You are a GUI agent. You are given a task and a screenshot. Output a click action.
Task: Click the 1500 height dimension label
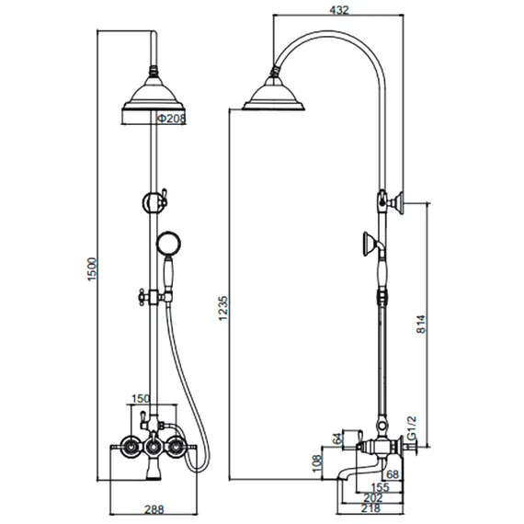[92, 269]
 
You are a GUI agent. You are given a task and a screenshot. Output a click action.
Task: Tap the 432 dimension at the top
[339, 10]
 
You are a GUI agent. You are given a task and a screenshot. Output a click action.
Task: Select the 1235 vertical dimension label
[222, 308]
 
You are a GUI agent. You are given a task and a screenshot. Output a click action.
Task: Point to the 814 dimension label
[421, 324]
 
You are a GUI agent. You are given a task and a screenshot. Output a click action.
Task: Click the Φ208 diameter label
[171, 119]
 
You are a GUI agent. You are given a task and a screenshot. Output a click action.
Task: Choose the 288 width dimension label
[154, 509]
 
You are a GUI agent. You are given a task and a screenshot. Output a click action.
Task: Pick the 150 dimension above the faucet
[141, 399]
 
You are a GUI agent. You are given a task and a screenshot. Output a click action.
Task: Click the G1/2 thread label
[413, 428]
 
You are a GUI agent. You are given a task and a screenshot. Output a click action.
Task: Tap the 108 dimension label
[317, 463]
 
